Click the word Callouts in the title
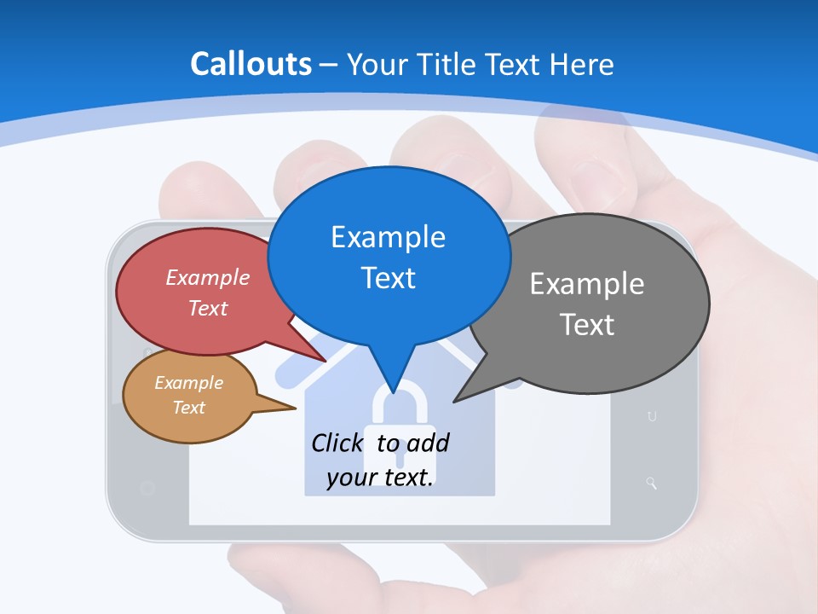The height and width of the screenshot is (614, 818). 251,64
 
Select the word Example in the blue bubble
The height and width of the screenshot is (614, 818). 388,236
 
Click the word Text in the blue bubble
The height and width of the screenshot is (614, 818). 388,277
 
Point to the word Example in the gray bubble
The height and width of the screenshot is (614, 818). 587,283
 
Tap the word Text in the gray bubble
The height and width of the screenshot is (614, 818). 587,324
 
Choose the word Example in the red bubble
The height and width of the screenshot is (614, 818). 208,277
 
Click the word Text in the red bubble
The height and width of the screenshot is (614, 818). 208,308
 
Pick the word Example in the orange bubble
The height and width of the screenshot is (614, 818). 188,383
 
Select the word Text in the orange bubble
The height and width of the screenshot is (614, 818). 188,408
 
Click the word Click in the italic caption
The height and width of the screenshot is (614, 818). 338,443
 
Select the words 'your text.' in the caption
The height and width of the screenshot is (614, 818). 380,478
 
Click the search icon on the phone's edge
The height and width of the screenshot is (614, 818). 652,484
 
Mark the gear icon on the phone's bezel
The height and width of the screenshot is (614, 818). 147,488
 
